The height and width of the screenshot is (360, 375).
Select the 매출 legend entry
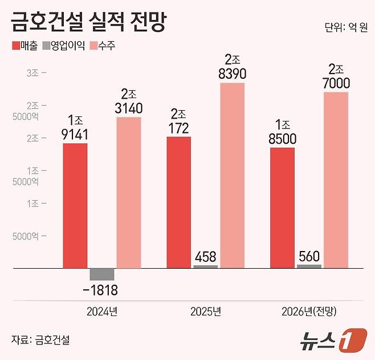coord(24,46)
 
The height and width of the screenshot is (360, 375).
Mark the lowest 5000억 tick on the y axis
coord(28,235)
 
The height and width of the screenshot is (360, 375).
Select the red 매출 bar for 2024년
coord(75,205)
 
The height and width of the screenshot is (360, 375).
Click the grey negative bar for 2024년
coord(102,274)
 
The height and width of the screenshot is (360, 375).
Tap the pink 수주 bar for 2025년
coord(233,175)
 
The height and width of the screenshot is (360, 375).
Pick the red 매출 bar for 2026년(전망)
coord(283,208)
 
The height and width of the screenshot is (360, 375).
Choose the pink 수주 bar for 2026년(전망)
coord(336,180)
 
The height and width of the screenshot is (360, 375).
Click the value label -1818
coord(101,291)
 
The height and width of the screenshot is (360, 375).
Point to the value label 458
coord(206,257)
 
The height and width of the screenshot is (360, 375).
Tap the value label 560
coord(309,256)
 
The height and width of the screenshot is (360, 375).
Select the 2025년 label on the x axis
coord(206,312)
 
